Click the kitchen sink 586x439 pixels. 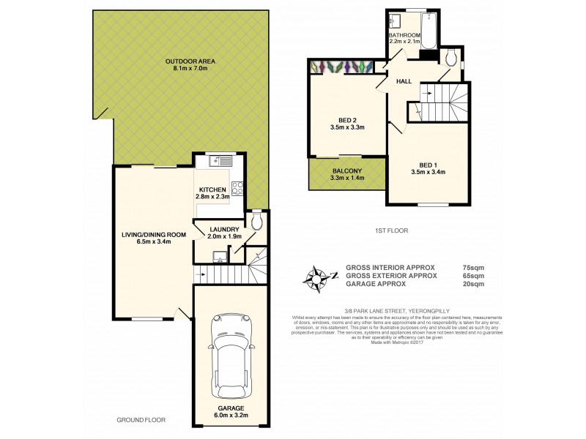point(219,160)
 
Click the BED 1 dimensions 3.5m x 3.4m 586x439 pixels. point(429,173)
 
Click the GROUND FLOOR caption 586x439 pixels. point(141,420)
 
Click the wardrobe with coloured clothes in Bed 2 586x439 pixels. point(341,67)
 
